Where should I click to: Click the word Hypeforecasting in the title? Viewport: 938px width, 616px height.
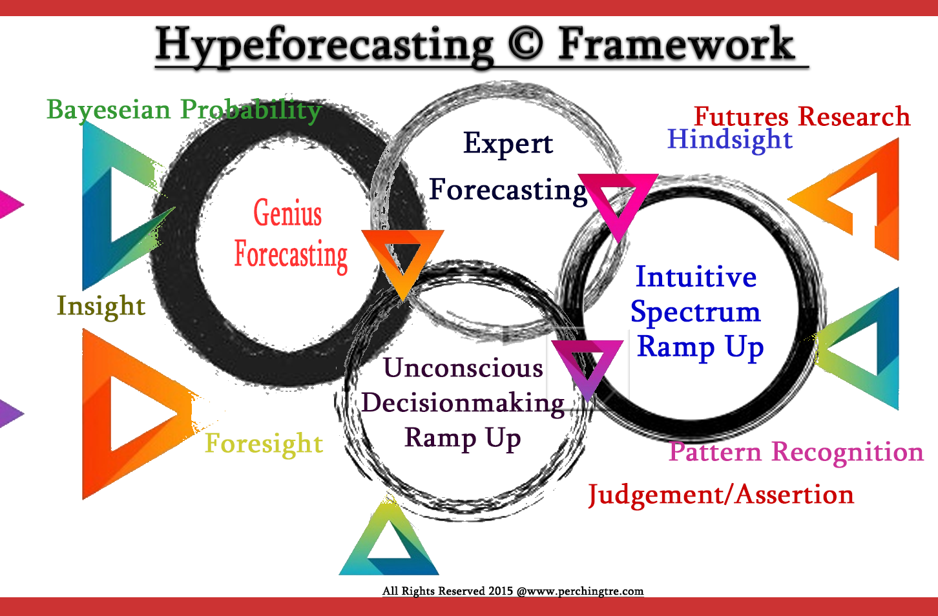pyautogui.click(x=324, y=45)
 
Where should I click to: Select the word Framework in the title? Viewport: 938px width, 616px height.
pyautogui.click(x=676, y=43)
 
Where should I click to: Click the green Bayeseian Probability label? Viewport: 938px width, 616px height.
pyautogui.click(x=184, y=110)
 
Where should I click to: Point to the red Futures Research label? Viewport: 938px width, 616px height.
pyautogui.click(x=802, y=116)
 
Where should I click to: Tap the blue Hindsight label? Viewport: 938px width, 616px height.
pyautogui.click(x=730, y=139)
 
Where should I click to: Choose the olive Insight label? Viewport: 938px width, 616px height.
pyautogui.click(x=101, y=306)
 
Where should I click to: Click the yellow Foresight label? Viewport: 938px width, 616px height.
pyautogui.click(x=264, y=444)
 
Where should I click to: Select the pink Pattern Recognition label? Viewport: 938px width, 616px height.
pyautogui.click(x=796, y=452)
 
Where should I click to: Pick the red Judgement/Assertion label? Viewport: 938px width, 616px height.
pyautogui.click(x=721, y=495)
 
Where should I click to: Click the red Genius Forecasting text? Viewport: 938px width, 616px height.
pyautogui.click(x=291, y=236)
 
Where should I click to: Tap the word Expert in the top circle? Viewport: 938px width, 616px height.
pyautogui.click(x=508, y=143)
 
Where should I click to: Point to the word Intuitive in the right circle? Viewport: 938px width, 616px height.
pyautogui.click(x=696, y=276)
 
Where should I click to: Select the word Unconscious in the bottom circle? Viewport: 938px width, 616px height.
pyautogui.click(x=463, y=368)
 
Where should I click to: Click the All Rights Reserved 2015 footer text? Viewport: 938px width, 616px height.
pyautogui.click(x=513, y=591)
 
